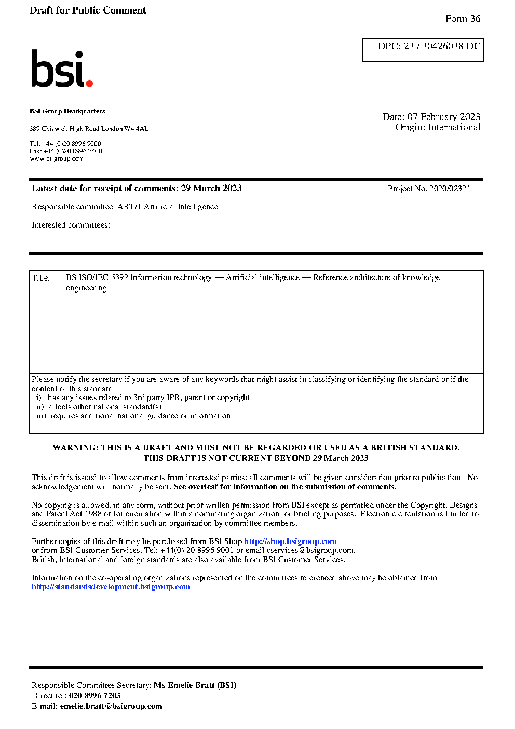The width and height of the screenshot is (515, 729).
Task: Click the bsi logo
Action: [x=61, y=69]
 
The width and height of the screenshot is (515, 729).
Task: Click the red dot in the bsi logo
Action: [x=89, y=83]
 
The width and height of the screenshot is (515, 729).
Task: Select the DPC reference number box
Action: [x=423, y=50]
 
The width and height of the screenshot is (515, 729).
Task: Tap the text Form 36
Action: [x=463, y=19]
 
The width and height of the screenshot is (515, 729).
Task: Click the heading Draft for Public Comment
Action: [x=88, y=10]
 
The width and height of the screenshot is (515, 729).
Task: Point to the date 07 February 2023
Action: [x=444, y=117]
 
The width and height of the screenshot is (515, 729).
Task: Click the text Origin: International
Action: [x=438, y=127]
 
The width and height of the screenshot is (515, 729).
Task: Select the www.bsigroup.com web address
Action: [x=57, y=158]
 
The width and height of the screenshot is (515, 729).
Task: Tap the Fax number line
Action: [x=66, y=151]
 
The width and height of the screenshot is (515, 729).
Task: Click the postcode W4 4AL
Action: [x=136, y=129]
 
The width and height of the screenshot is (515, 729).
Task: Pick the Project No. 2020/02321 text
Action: [x=429, y=189]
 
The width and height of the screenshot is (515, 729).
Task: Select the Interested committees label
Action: [x=71, y=225]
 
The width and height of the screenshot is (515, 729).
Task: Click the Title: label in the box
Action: [x=41, y=278]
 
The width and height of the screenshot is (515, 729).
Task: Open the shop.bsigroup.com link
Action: [x=290, y=541]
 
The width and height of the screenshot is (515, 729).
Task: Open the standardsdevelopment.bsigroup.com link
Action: [x=111, y=587]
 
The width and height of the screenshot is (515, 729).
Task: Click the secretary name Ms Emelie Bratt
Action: [x=184, y=685]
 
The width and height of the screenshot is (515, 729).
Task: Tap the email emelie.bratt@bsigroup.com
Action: [x=111, y=706]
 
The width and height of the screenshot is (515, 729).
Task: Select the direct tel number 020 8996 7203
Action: [x=94, y=696]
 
